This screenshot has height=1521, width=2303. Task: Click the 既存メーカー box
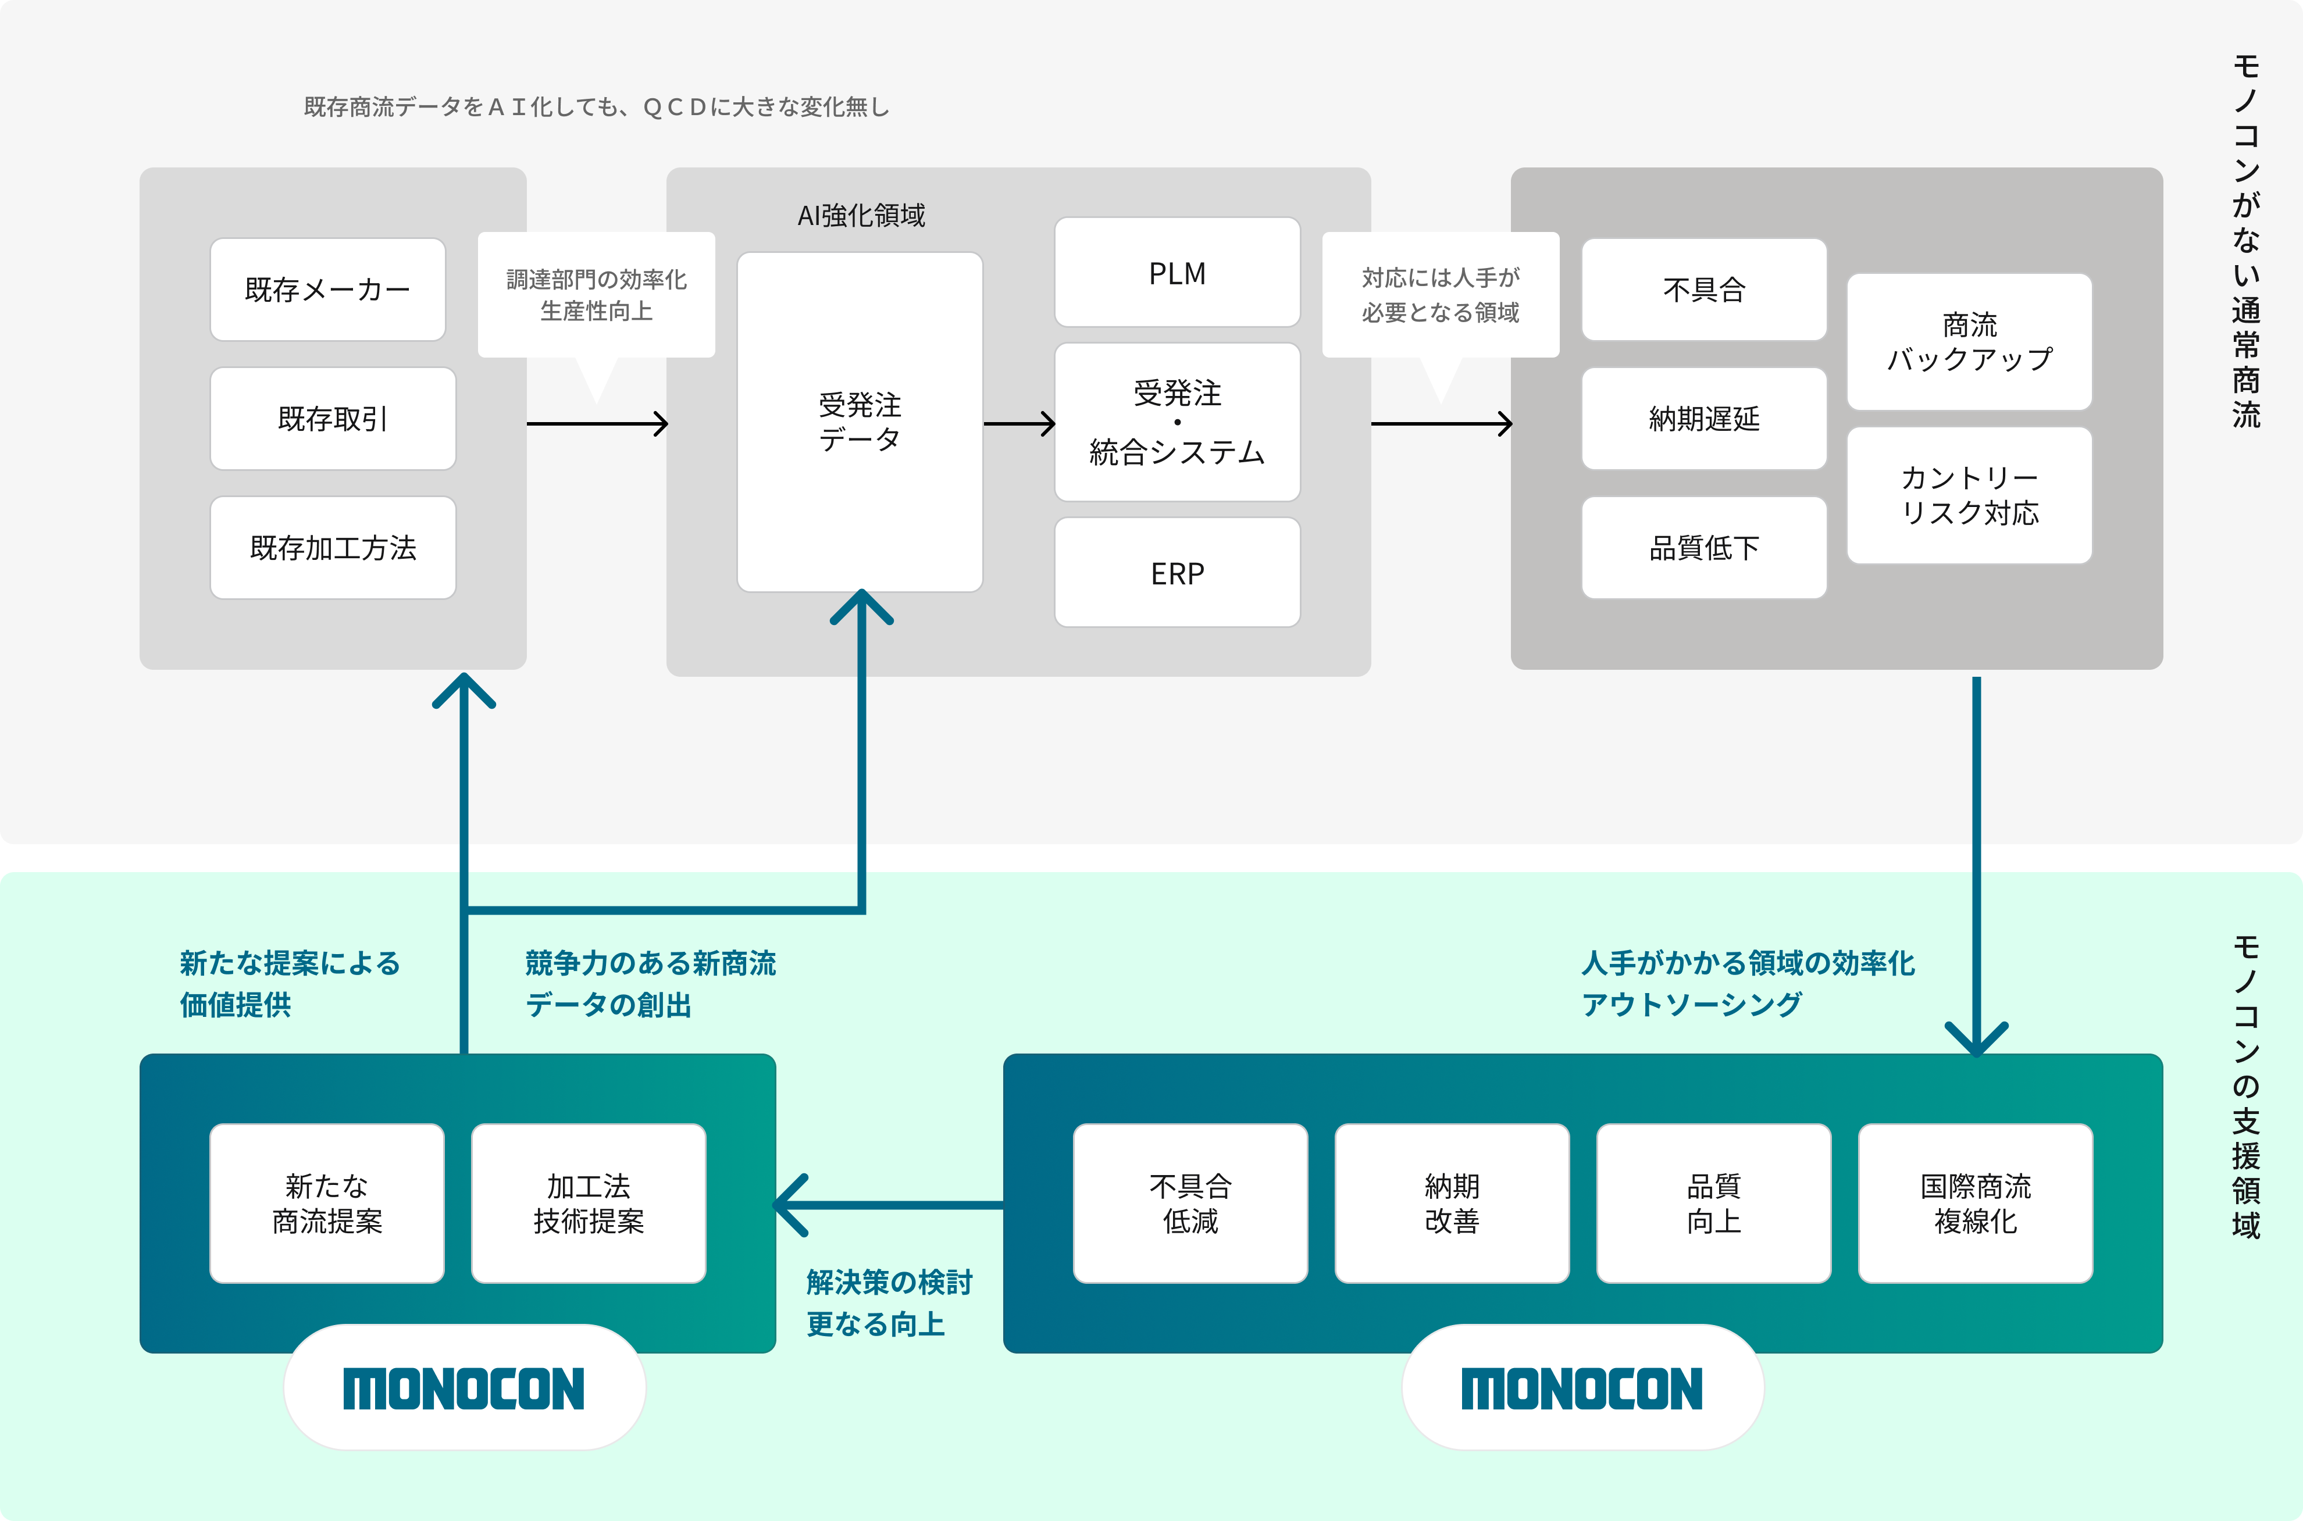coord(328,289)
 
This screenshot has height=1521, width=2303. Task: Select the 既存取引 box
coord(333,418)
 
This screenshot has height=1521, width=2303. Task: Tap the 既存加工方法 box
coord(333,547)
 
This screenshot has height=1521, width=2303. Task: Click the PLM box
coord(1177,273)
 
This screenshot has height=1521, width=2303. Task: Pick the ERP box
coord(1177,572)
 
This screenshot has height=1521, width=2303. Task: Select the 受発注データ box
coord(860,422)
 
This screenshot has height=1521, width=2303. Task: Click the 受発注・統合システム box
coord(1177,422)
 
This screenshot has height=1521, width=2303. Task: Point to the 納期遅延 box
coord(1703,418)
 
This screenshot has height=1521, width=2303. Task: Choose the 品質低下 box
coord(1703,547)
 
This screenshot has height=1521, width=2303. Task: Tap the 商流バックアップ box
coord(1969,341)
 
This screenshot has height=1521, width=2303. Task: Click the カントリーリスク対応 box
coord(1969,495)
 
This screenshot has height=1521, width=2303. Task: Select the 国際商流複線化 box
coord(1975,1203)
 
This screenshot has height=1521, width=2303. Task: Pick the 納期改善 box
coord(1451,1203)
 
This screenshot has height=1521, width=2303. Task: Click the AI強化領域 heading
coord(861,215)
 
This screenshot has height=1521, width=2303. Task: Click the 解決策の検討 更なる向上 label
coord(889,1303)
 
